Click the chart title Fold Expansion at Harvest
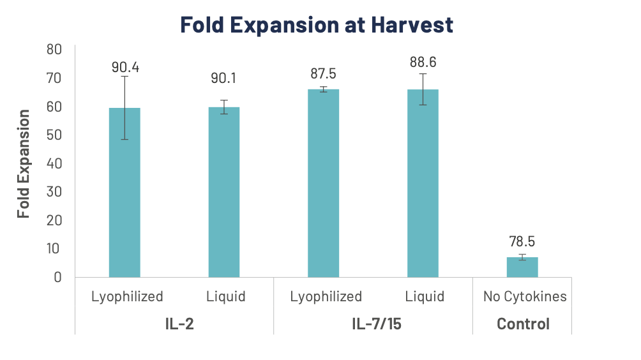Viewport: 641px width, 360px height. [317, 25]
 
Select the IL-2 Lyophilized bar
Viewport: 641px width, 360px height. [124, 191]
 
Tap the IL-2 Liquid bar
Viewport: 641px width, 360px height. [224, 191]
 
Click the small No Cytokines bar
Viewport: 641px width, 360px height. [522, 267]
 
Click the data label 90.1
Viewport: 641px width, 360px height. [224, 78]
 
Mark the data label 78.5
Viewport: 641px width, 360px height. [522, 242]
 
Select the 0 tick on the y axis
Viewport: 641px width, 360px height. [57, 277]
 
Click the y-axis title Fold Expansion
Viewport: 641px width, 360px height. [24, 163]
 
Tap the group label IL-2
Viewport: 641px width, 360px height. [175, 324]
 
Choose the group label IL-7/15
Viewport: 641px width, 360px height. [373, 324]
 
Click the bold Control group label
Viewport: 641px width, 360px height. [523, 324]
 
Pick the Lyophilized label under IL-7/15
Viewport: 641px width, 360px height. [326, 297]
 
